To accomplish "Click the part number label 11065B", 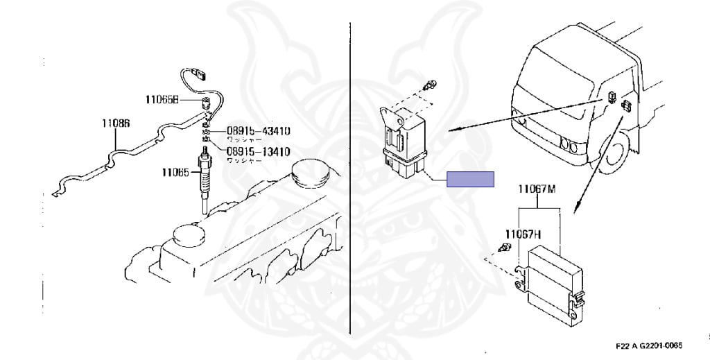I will (x=162, y=100).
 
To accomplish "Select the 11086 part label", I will (x=115, y=123).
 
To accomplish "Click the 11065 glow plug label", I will (x=175, y=173).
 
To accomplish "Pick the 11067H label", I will (x=523, y=233).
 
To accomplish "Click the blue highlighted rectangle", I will (x=470, y=179).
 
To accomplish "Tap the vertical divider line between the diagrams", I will (x=350, y=180).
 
